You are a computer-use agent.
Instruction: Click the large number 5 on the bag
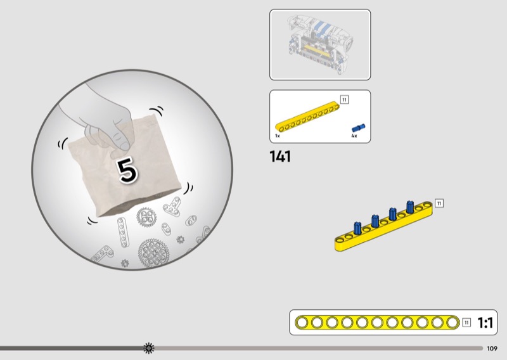tap(127, 170)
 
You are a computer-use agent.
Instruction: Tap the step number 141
tap(280, 157)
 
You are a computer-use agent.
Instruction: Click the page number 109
tap(492, 349)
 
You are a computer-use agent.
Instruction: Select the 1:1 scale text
tap(485, 323)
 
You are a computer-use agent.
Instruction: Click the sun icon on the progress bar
tap(149, 348)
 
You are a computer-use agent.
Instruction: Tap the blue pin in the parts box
tap(358, 128)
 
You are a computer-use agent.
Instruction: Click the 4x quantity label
tap(354, 136)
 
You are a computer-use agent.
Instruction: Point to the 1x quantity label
tap(278, 136)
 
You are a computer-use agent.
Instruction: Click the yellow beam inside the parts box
tap(307, 117)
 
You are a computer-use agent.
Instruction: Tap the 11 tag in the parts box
tap(344, 100)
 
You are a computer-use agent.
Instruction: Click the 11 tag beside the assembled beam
tap(439, 203)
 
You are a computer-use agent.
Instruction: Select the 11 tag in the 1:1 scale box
tap(466, 323)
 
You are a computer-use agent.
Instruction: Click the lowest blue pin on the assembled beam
tap(357, 228)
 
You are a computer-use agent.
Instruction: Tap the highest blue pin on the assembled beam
tap(410, 207)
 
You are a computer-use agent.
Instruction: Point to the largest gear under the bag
tap(153, 253)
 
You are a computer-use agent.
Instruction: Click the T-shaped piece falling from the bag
tap(172, 207)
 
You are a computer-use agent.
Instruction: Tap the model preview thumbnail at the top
tap(320, 44)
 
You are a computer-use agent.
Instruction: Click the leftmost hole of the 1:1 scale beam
tap(302, 323)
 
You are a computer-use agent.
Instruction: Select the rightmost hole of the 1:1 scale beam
tap(452, 323)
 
